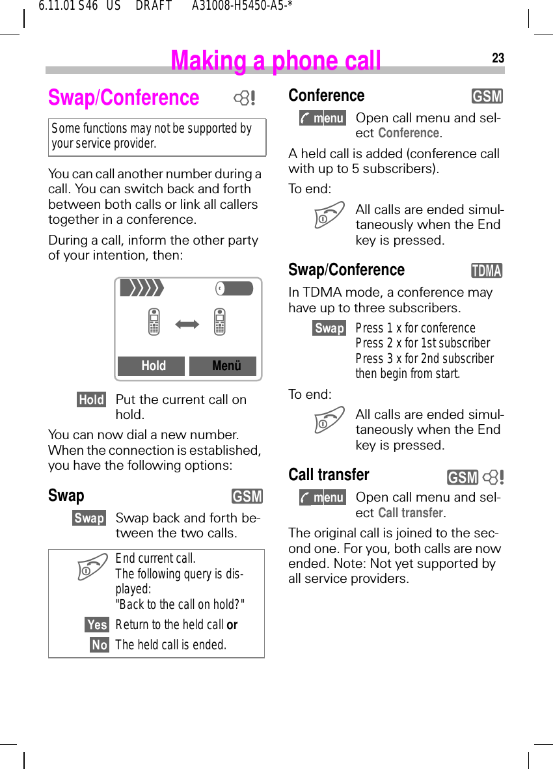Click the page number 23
point(498,59)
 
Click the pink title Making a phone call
point(275,61)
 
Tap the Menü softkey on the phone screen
point(223,366)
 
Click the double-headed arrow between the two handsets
point(187,323)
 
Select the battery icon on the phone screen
point(234,288)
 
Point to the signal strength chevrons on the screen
point(141,288)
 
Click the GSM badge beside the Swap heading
point(247,497)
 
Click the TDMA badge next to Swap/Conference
point(487,271)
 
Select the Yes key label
point(97,625)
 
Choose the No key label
point(100,645)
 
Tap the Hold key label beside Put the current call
point(91,400)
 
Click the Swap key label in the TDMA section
point(329,329)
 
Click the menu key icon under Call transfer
point(323,498)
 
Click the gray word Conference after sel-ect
point(409,133)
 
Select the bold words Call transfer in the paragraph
point(410,513)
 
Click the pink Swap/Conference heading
point(124,98)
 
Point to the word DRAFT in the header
point(154,7)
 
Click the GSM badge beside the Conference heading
point(487,97)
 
